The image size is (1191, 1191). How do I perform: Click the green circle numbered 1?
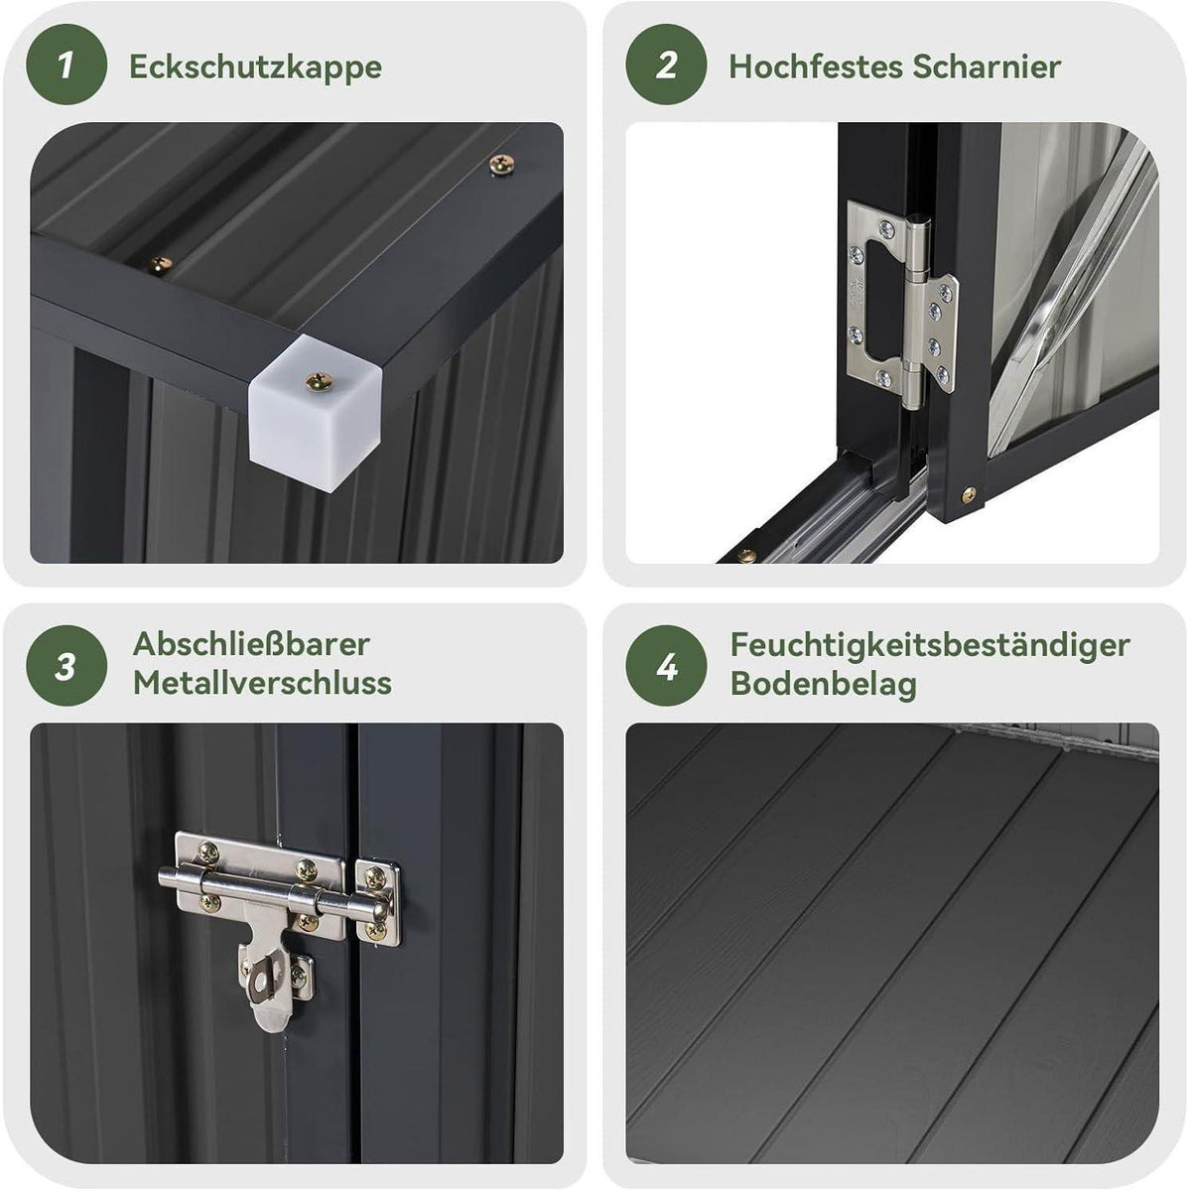tap(66, 65)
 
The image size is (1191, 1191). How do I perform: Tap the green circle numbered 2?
tap(666, 65)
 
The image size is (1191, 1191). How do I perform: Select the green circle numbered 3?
tap(66, 666)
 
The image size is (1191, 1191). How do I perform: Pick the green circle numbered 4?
tap(666, 666)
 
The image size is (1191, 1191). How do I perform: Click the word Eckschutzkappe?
tap(255, 66)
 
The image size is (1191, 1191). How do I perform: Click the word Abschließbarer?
tap(251, 645)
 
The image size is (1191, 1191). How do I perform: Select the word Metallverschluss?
tap(262, 684)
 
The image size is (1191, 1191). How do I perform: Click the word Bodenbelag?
tap(823, 684)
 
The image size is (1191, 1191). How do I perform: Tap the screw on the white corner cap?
tap(319, 381)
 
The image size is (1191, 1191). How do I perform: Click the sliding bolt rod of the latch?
tap(275, 892)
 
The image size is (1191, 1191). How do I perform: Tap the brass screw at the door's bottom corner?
tap(969, 494)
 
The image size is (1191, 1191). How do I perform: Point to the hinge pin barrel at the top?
tap(920, 247)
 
